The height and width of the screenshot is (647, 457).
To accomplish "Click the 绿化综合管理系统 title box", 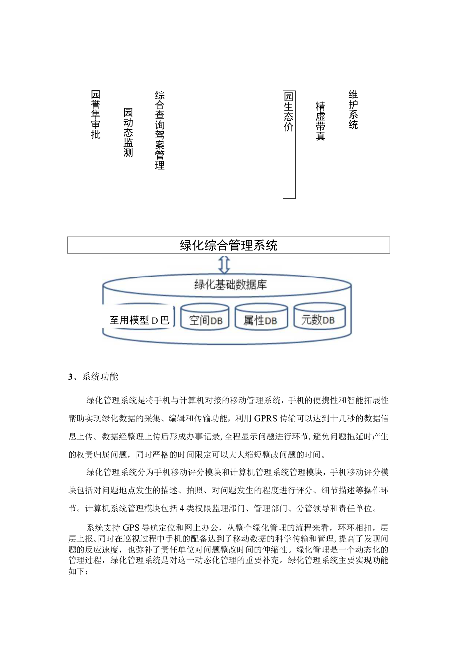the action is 228,245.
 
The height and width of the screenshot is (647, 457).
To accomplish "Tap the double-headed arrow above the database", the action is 225,264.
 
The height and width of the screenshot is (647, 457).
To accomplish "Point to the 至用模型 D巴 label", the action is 140,320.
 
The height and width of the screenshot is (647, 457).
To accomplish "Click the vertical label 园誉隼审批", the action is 96,114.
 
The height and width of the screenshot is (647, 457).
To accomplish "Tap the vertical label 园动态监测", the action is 128,132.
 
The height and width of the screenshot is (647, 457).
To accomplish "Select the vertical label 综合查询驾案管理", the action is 160,130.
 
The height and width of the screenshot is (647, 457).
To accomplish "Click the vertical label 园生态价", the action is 289,111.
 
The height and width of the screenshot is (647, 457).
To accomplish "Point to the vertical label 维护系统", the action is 353,109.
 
